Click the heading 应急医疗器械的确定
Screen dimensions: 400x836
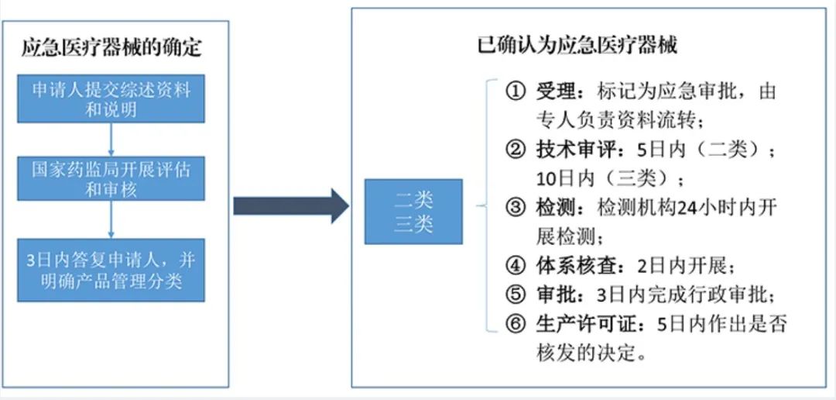[112, 48]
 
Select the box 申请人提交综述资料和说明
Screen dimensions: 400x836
[111, 98]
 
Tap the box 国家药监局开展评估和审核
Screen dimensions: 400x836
[111, 178]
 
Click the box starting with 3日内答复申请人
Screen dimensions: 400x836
[111, 270]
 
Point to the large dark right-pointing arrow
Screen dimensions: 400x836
[291, 205]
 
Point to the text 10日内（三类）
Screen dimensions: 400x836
[611, 179]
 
